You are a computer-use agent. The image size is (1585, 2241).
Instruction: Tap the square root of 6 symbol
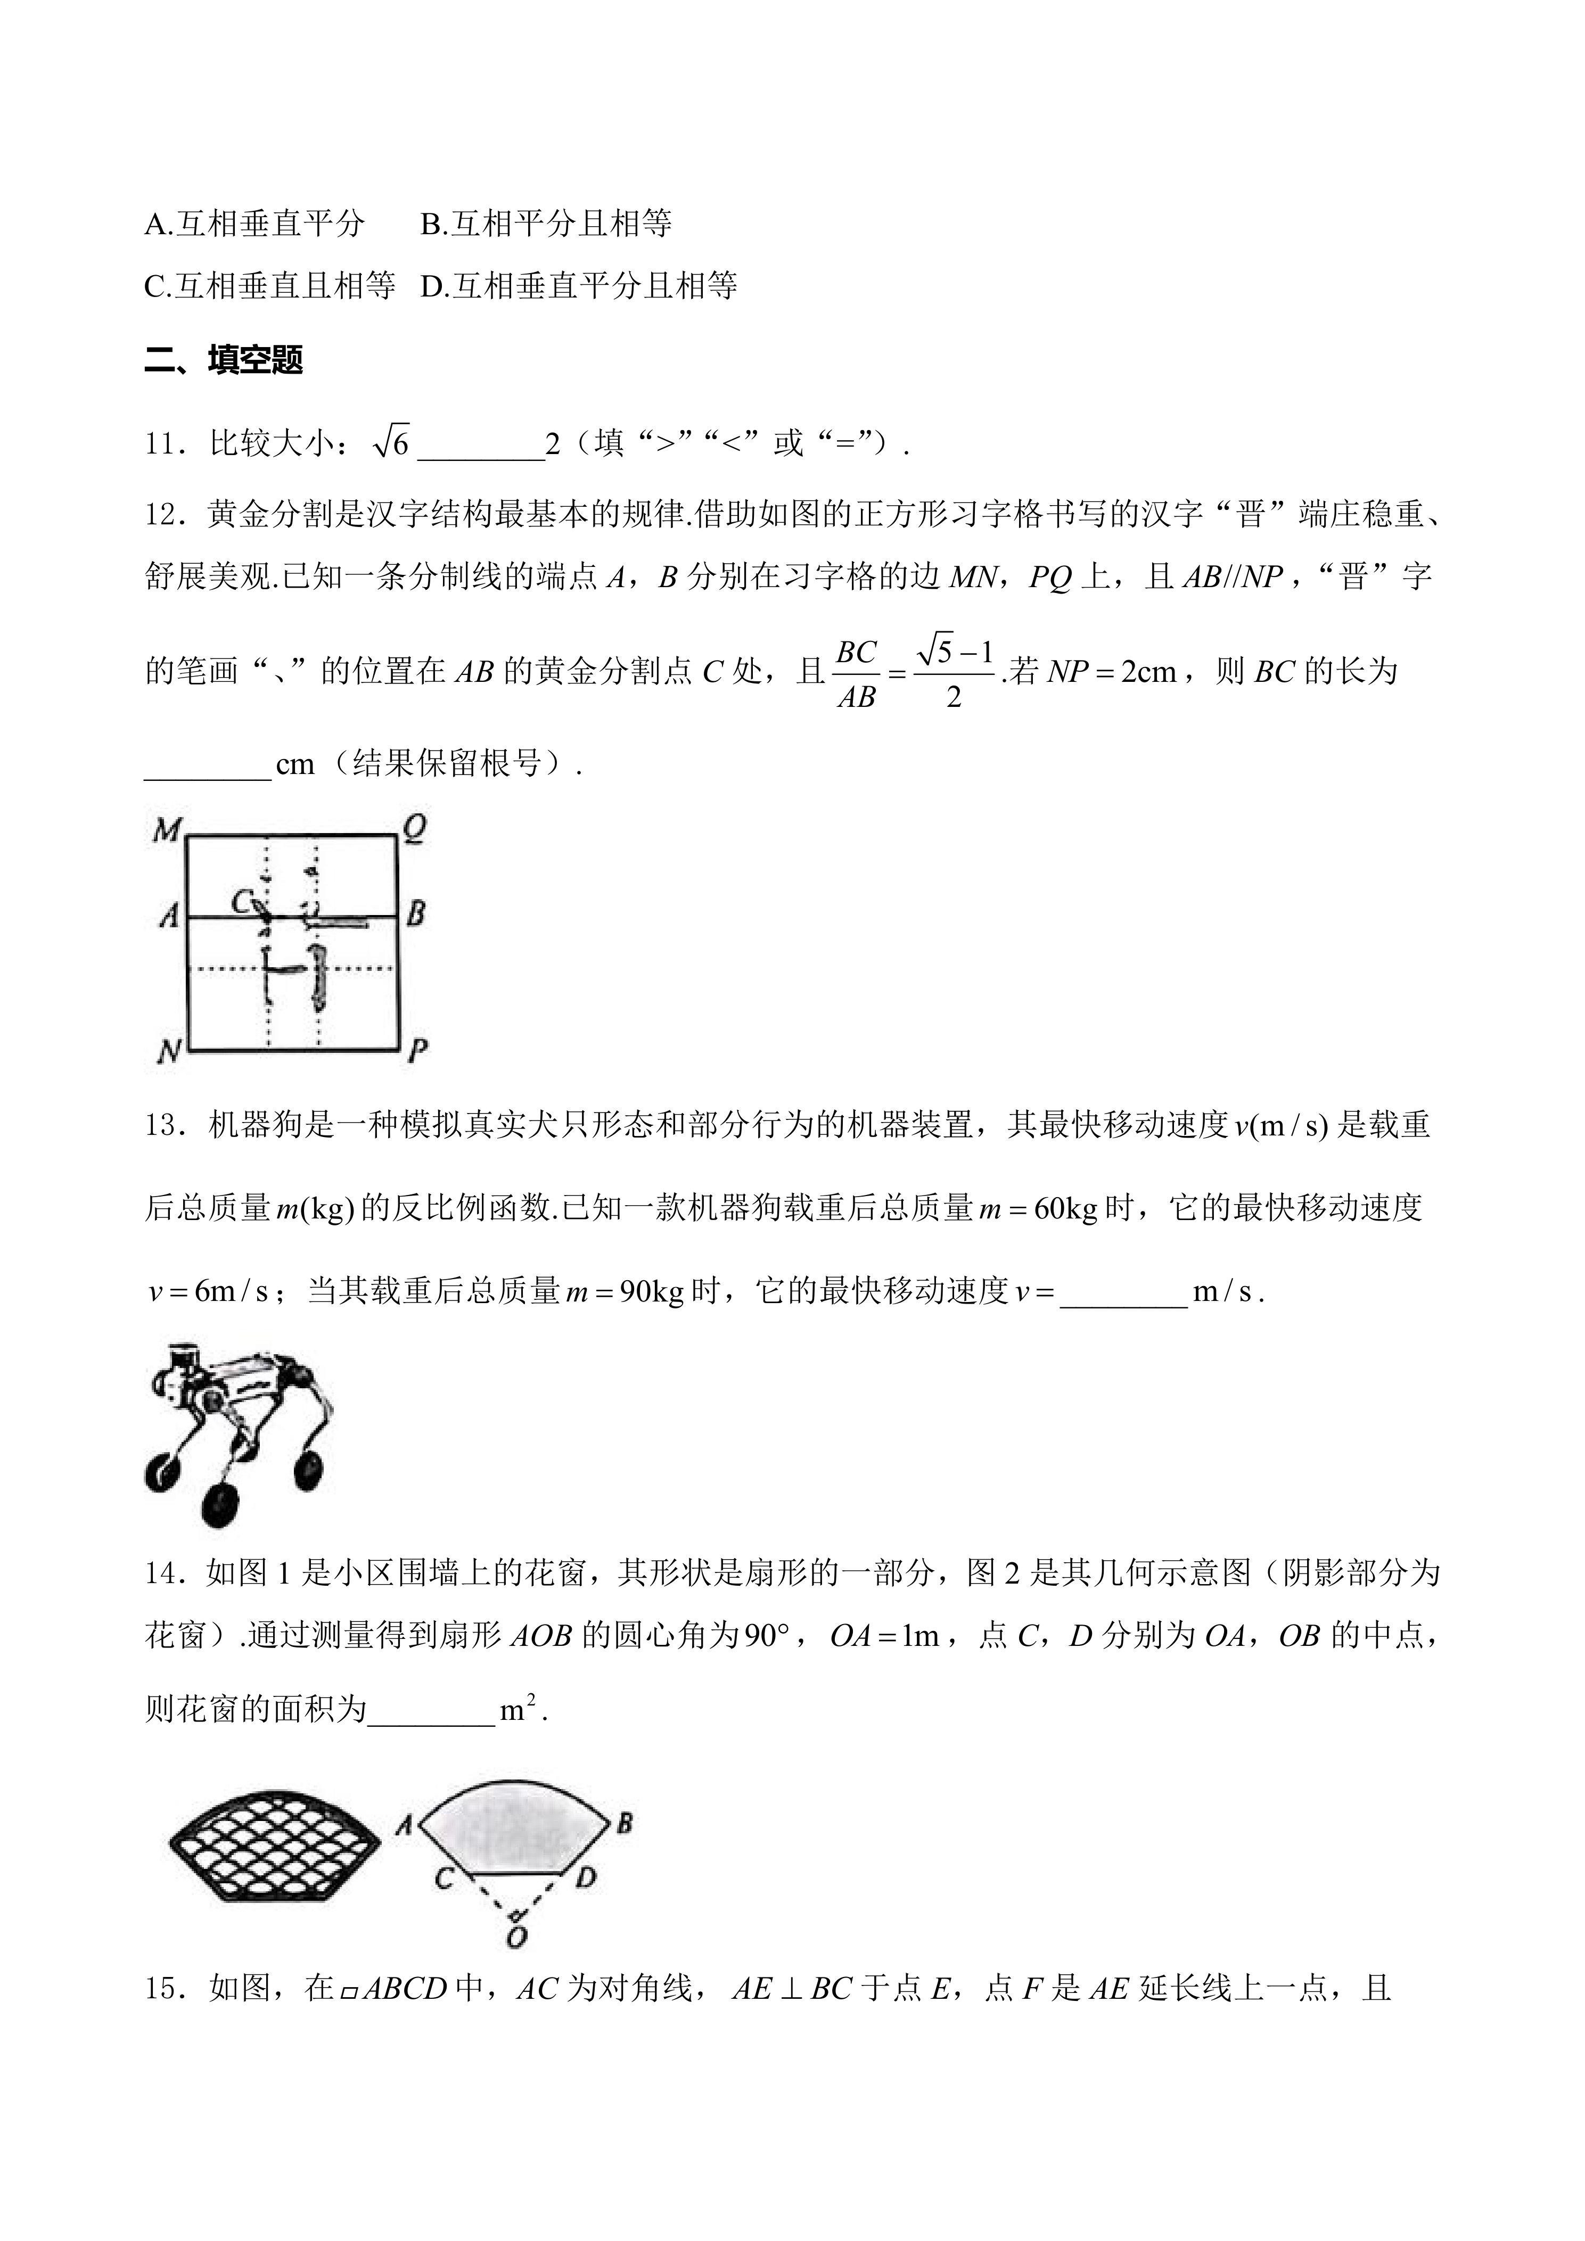(x=391, y=444)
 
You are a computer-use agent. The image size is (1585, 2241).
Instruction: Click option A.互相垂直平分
(x=254, y=225)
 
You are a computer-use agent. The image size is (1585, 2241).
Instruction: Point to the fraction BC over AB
(x=856, y=673)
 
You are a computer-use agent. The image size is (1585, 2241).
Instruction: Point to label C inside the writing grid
(x=242, y=900)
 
